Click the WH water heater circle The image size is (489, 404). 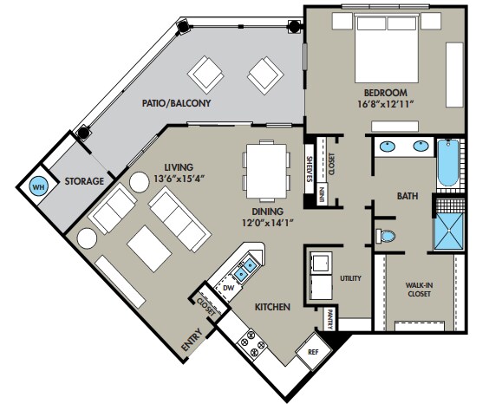click(x=37, y=186)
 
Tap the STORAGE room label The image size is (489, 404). click(x=83, y=181)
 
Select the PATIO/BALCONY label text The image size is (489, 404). click(x=178, y=103)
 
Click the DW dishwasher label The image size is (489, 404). click(x=229, y=287)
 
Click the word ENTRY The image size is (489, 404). click(x=191, y=341)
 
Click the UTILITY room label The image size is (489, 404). click(x=350, y=278)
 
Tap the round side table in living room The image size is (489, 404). click(x=139, y=182)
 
